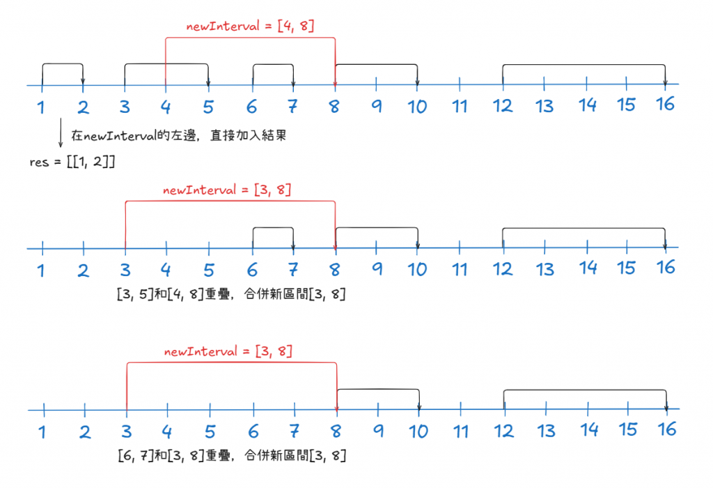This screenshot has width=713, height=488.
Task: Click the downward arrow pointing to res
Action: (60, 136)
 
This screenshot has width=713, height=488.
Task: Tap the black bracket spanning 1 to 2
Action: (63, 65)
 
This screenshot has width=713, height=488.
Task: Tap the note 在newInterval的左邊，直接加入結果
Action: (179, 136)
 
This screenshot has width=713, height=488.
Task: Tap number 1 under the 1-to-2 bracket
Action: (42, 107)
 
